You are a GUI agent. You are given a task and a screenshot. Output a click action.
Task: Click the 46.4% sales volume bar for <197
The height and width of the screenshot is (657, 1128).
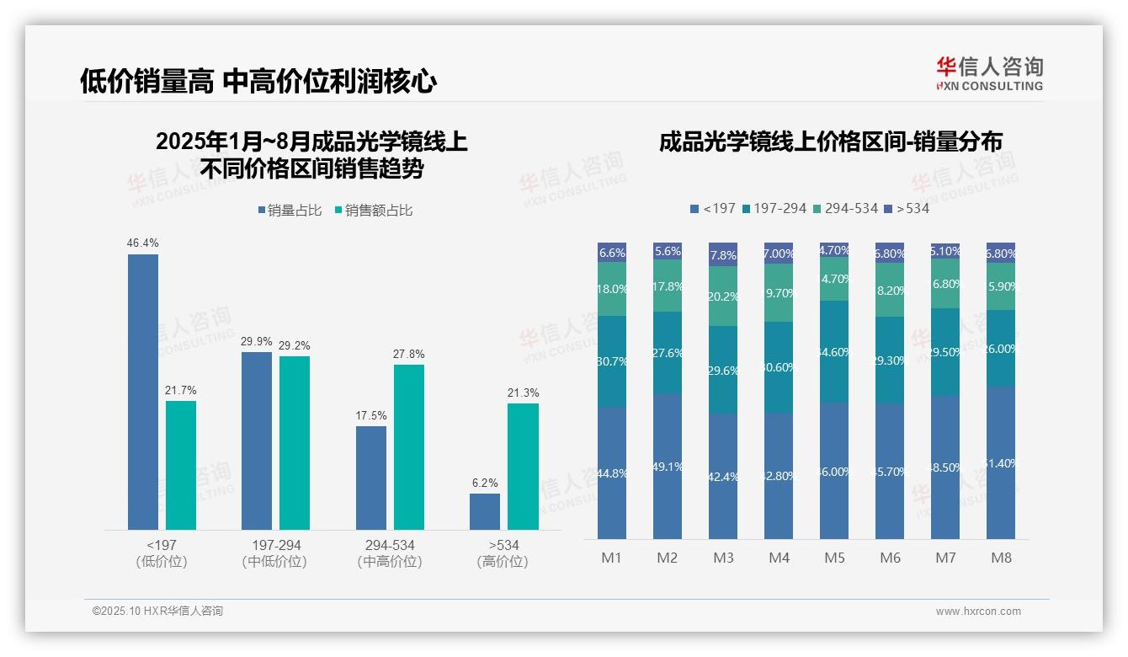click(143, 392)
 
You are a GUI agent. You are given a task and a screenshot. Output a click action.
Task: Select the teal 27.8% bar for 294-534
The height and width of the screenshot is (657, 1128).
click(409, 446)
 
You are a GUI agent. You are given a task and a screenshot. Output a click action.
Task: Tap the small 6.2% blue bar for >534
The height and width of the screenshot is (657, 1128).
click(485, 511)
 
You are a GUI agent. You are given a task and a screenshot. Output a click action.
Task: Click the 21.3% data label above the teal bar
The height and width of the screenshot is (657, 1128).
click(524, 393)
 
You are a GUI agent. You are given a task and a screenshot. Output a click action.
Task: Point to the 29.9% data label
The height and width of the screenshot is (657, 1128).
click(257, 341)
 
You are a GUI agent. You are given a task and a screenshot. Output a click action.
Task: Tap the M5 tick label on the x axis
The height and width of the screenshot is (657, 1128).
click(834, 558)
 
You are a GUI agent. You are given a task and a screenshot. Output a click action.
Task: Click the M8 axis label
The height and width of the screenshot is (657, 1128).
click(1001, 558)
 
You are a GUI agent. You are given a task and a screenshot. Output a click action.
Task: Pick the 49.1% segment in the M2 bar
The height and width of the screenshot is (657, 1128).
click(668, 466)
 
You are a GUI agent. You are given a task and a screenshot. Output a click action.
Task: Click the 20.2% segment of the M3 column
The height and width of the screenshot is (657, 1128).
click(723, 296)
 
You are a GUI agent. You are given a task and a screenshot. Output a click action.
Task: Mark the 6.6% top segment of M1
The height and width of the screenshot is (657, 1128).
click(612, 253)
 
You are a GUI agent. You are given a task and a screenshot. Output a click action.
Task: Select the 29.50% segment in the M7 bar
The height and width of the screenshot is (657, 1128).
click(945, 352)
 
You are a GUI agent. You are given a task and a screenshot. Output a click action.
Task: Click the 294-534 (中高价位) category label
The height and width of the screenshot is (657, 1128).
click(389, 553)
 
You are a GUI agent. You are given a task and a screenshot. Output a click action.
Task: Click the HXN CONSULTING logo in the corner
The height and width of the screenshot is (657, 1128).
click(989, 74)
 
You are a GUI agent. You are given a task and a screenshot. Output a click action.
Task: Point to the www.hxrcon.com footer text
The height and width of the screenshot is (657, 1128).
click(977, 612)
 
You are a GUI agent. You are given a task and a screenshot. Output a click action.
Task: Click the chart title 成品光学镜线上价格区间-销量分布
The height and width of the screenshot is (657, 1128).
click(830, 142)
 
